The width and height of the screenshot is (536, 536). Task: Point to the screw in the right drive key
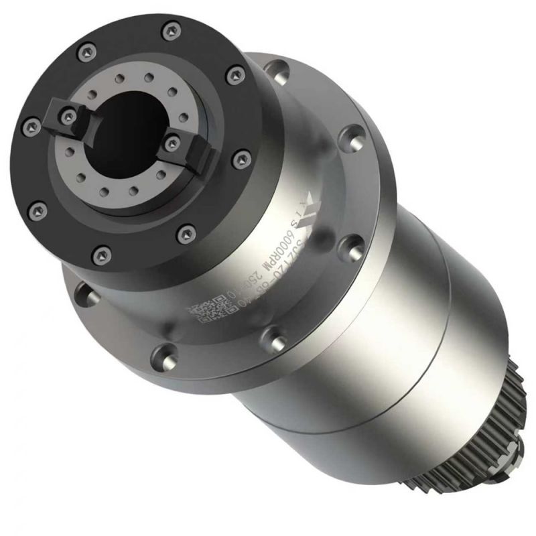(172, 141)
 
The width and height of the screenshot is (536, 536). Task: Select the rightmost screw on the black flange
(241, 160)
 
